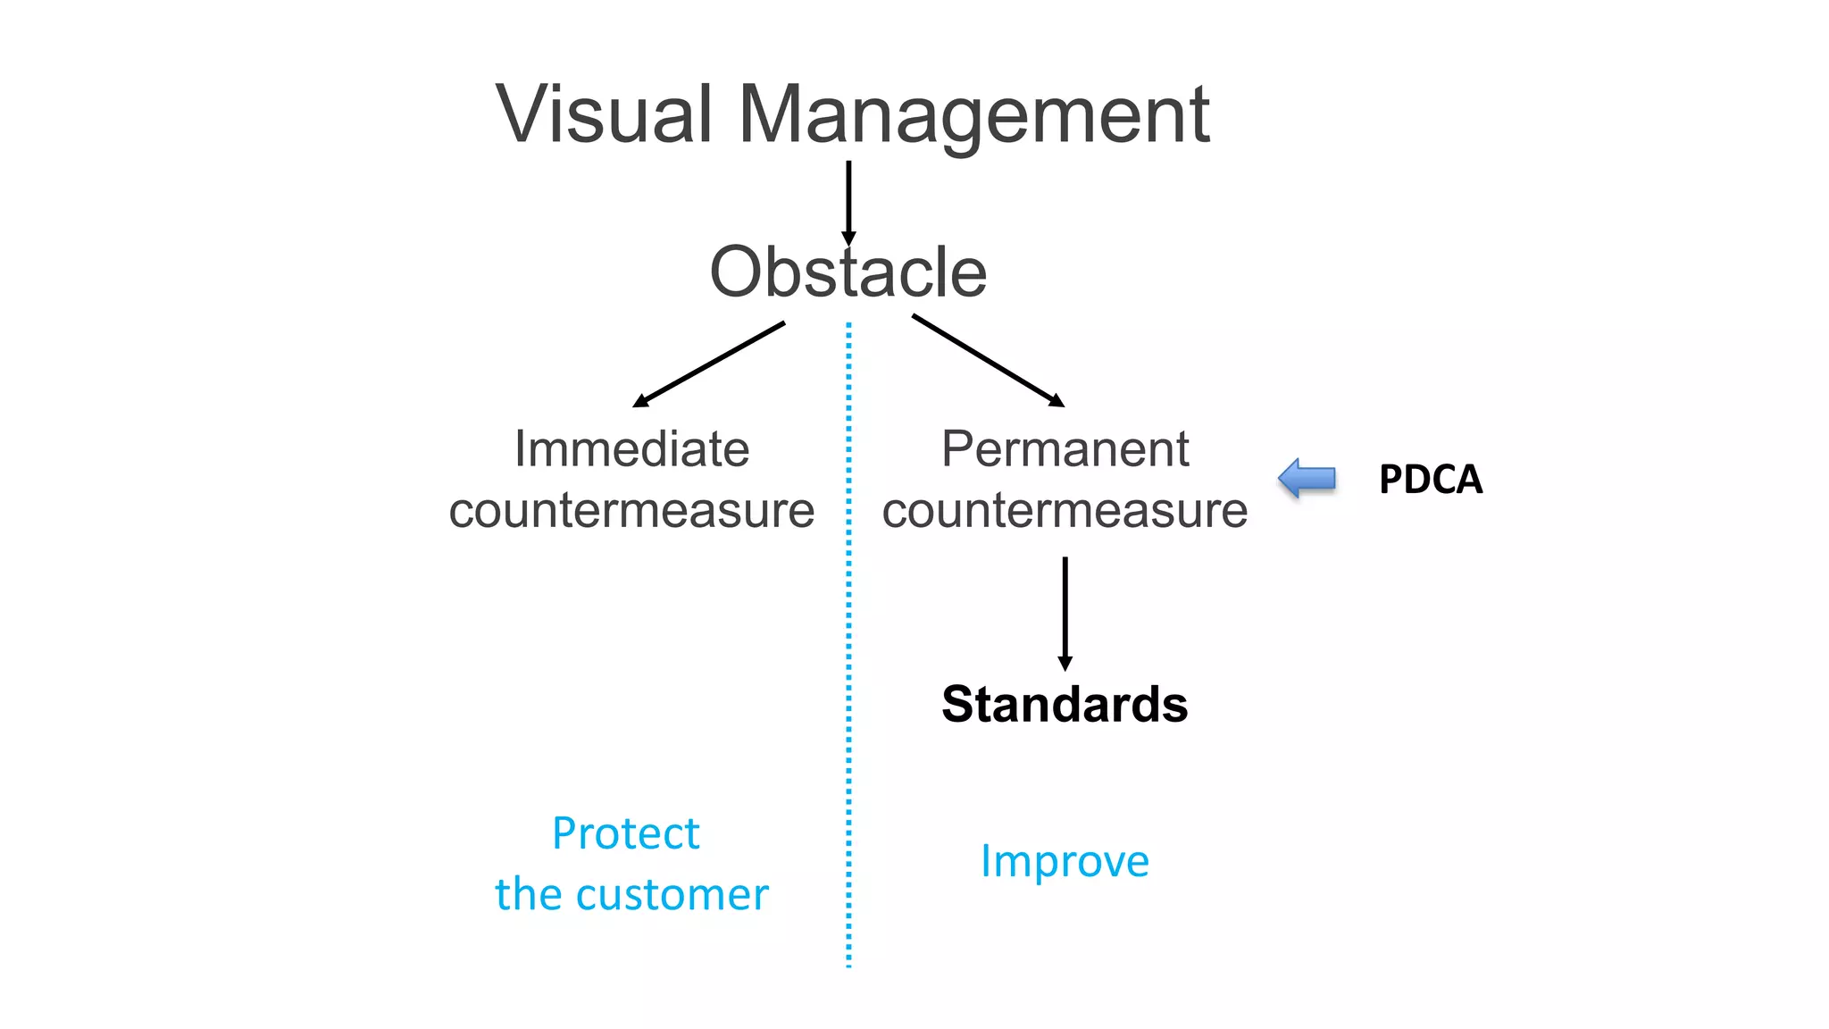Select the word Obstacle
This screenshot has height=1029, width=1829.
pyautogui.click(x=848, y=272)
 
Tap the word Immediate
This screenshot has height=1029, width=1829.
pyautogui.click(x=631, y=448)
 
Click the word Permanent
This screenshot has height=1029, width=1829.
pyautogui.click(x=1065, y=448)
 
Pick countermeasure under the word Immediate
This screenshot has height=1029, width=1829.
pyautogui.click(x=631, y=511)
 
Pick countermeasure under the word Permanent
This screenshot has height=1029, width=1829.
pyautogui.click(x=1065, y=511)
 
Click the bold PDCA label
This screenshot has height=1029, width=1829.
pyautogui.click(x=1430, y=480)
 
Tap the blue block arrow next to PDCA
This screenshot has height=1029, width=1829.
pyautogui.click(x=1307, y=479)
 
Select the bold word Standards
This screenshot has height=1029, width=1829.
pyautogui.click(x=1065, y=704)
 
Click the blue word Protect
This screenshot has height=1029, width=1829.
pyautogui.click(x=625, y=833)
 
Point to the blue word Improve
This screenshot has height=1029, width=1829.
pyautogui.click(x=1065, y=861)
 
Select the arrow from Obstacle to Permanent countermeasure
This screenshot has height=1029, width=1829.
pyautogui.click(x=987, y=360)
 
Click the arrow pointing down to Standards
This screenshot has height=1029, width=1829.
pyautogui.click(x=1065, y=612)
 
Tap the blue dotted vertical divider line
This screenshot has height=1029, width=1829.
pyautogui.click(x=848, y=643)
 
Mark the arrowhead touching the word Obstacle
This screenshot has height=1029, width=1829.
pyautogui.click(x=848, y=238)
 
